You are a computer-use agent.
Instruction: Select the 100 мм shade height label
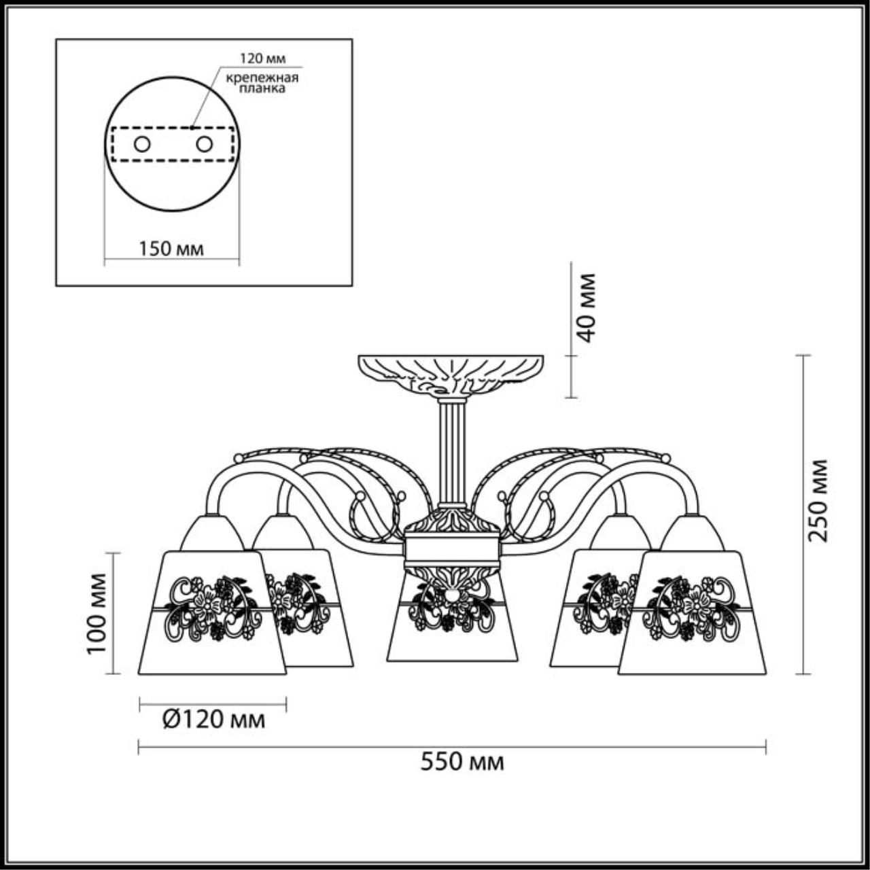[97, 613]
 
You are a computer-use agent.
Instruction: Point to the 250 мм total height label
[818, 500]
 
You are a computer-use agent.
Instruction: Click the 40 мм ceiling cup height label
[586, 308]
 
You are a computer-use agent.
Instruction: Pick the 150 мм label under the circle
[171, 249]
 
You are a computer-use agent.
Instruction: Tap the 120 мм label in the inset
[262, 58]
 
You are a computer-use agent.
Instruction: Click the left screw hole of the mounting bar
[142, 145]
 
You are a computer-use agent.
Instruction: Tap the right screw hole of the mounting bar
[204, 145]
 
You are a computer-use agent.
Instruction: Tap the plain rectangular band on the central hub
[452, 552]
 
